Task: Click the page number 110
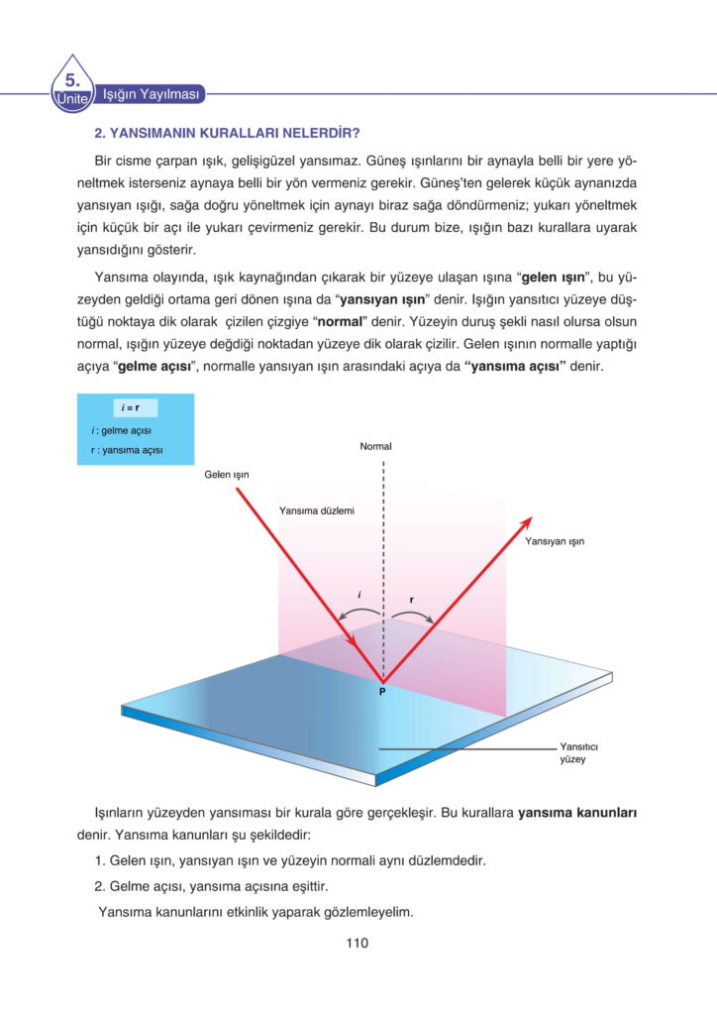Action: click(358, 943)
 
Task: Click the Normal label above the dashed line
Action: click(375, 447)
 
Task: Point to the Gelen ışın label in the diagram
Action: click(226, 475)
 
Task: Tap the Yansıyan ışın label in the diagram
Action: click(555, 542)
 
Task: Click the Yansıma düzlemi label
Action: click(317, 510)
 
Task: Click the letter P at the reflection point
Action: click(381, 691)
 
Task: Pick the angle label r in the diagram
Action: click(411, 600)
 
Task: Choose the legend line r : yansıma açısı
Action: click(126, 451)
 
